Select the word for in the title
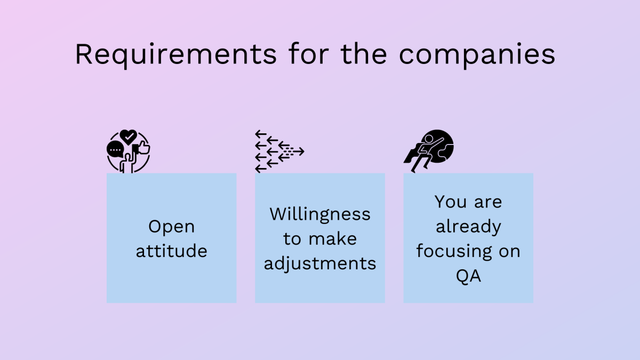tap(309, 54)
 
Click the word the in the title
tap(364, 54)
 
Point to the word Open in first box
tap(171, 227)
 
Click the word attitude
tap(171, 251)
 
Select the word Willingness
tap(320, 215)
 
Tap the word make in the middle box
tap(333, 239)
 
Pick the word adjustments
tap(320, 264)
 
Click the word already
tap(468, 227)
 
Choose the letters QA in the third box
tap(468, 276)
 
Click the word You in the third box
tap(451, 202)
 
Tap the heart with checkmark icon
tap(129, 137)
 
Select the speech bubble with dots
tap(115, 149)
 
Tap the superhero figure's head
tap(429, 139)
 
